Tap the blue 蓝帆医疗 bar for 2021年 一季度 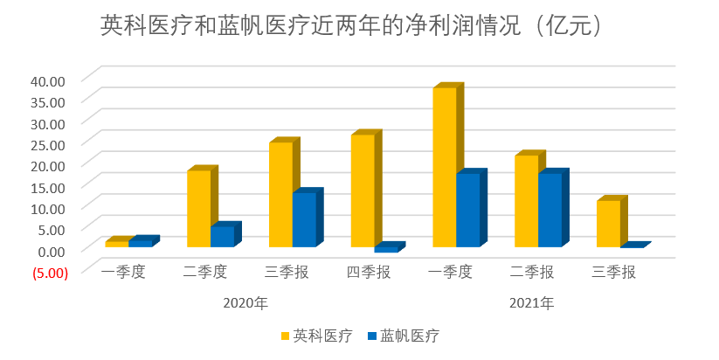tap(468, 210)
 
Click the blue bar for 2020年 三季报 tap(304, 219)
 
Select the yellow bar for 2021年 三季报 tap(608, 223)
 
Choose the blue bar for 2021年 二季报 tap(550, 210)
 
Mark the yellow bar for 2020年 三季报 tap(280, 194)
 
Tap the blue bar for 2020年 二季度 tap(222, 236)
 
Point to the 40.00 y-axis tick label tap(47, 80)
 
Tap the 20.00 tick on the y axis tap(47, 165)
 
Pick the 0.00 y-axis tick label tap(51, 250)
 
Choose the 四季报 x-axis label tap(369, 272)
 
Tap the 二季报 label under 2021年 tap(532, 272)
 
